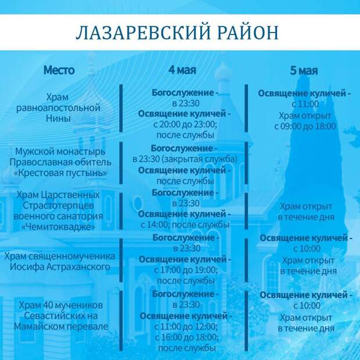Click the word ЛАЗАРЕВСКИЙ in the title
(143, 33)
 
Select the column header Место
(59, 70)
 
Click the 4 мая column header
(182, 70)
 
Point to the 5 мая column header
(304, 70)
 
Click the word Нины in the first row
(58, 118)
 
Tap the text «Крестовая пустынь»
(60, 173)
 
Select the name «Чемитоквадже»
(58, 227)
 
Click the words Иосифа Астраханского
(60, 267)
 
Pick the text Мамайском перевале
(61, 326)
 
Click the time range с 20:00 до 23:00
(185, 124)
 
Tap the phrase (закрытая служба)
(199, 159)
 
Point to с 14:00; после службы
(185, 225)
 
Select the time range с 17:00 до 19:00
(186, 270)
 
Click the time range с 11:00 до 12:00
(186, 326)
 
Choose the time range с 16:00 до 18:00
(186, 337)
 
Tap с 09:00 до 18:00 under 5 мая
(305, 126)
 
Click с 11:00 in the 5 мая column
(305, 104)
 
